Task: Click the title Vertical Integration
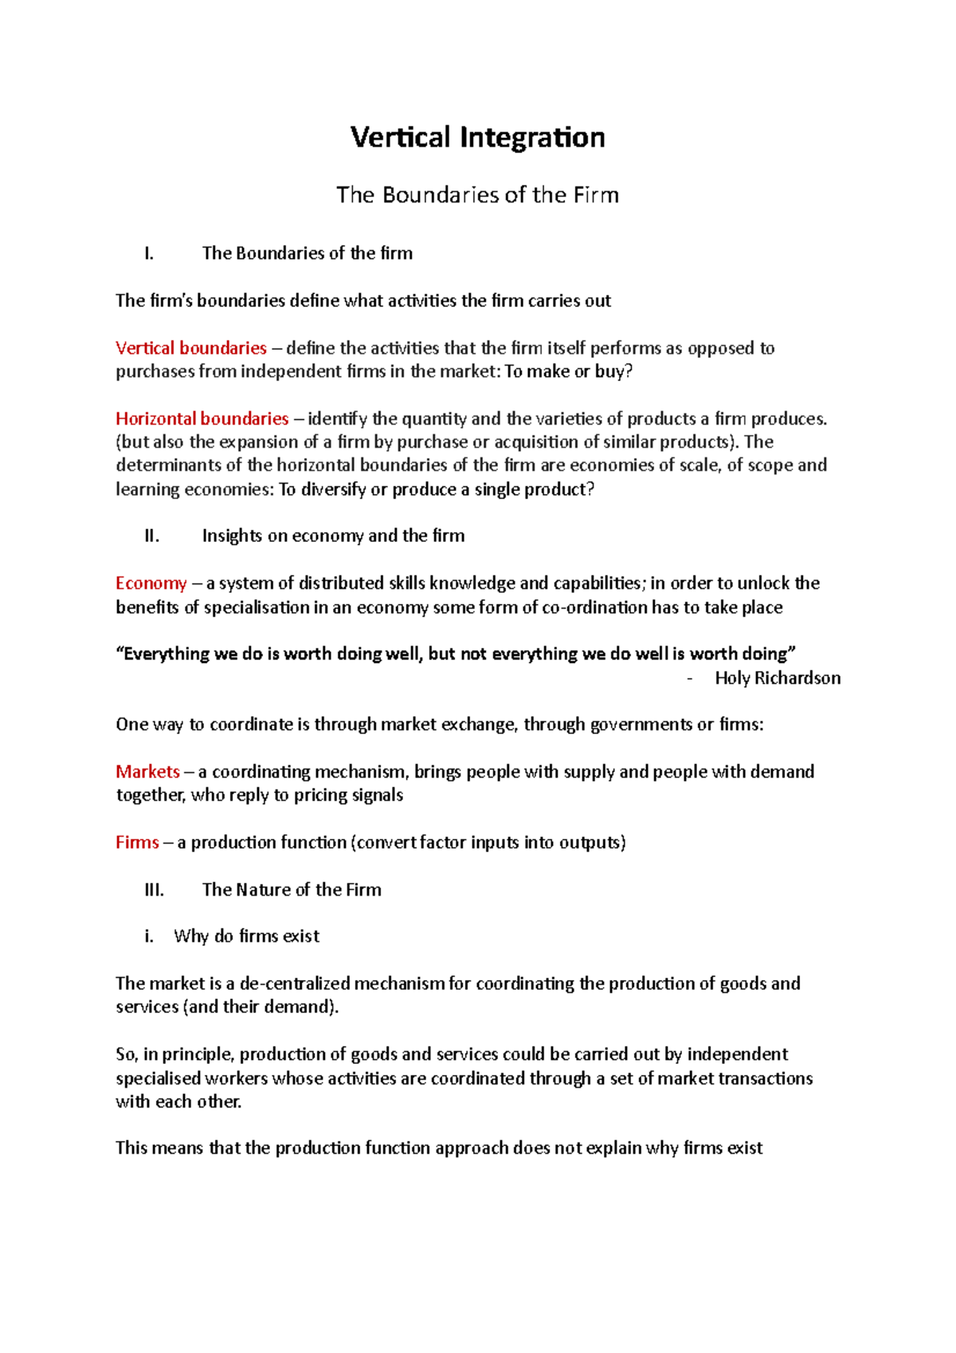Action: [477, 137]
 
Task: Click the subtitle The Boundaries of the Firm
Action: [477, 195]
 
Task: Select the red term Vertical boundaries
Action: [191, 348]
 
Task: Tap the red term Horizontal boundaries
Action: [202, 419]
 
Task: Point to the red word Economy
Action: [151, 583]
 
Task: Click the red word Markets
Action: [148, 772]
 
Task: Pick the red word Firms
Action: [138, 843]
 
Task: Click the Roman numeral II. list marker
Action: [152, 536]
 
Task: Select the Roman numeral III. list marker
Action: [155, 890]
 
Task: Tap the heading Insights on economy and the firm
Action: [333, 536]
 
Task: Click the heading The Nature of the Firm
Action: [292, 890]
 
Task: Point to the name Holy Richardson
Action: [778, 678]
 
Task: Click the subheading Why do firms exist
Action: [246, 936]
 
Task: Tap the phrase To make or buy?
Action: [568, 371]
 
